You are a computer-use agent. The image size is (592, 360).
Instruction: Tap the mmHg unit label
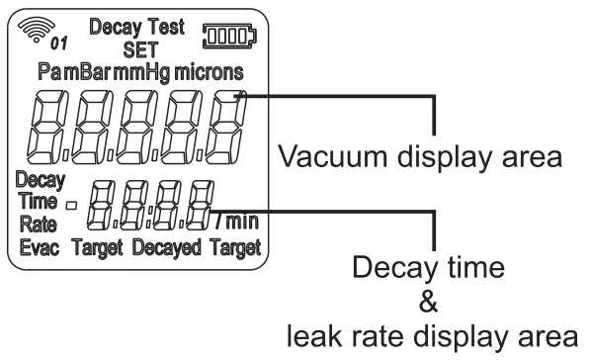144,73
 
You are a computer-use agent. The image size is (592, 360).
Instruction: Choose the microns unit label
211,73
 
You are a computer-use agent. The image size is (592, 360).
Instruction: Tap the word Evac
41,246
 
